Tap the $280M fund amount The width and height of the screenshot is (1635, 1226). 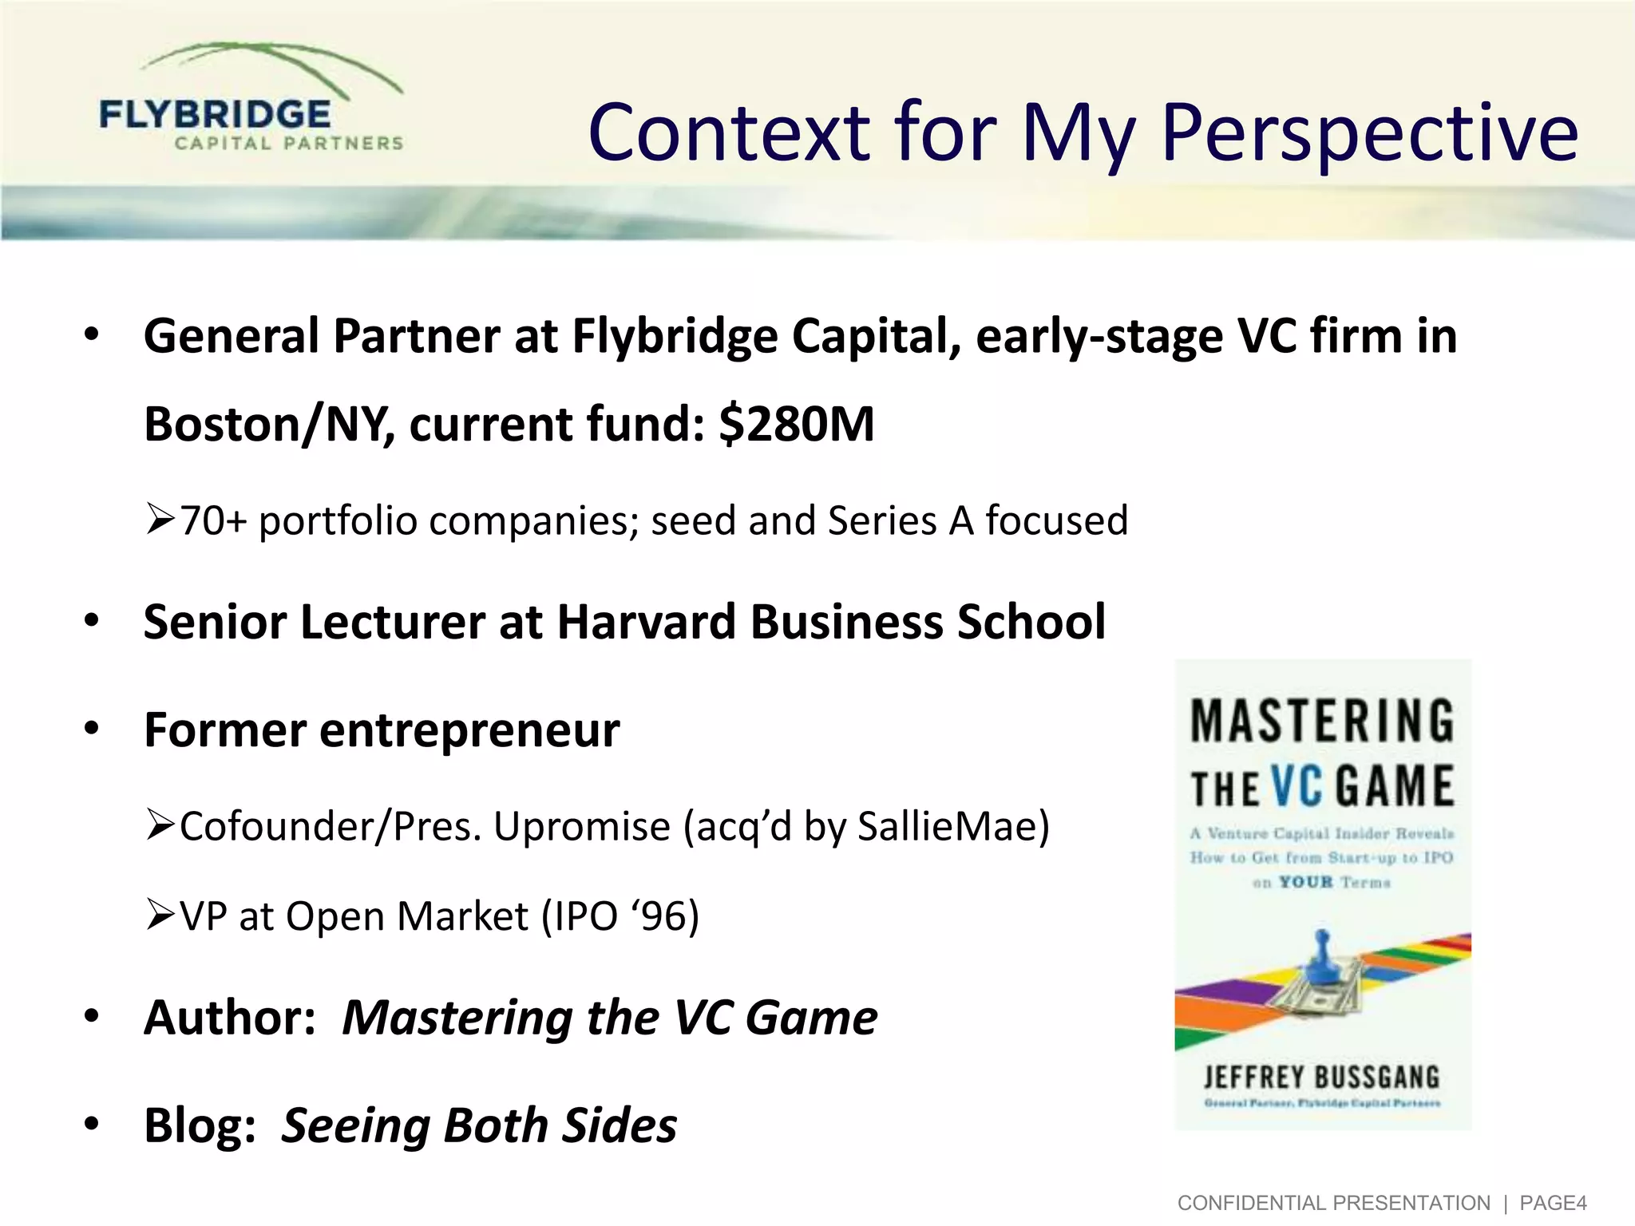coord(796,423)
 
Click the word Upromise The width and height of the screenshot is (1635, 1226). coord(581,826)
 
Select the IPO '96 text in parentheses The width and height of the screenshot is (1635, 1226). coord(620,916)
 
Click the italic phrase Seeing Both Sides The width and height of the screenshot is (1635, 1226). coord(479,1125)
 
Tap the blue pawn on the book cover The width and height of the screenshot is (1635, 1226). coord(1321,958)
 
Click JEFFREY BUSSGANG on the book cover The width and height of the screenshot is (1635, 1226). coord(1322,1078)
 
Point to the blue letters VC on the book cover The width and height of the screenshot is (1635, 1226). coord(1298,786)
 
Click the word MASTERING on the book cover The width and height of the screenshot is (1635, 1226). coord(1322,721)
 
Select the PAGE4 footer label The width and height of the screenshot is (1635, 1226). coord(1553,1203)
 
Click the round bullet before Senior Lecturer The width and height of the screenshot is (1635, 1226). coord(92,621)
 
